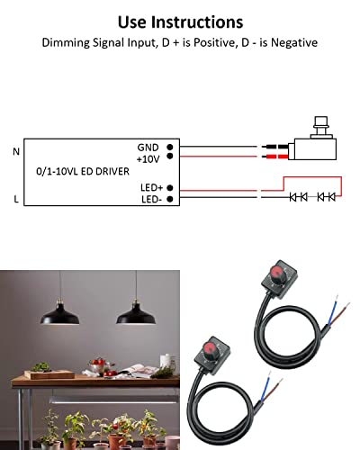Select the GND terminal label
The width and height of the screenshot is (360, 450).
(148, 146)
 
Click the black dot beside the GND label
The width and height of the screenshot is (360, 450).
(169, 146)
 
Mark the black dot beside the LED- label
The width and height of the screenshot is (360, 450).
(169, 198)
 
